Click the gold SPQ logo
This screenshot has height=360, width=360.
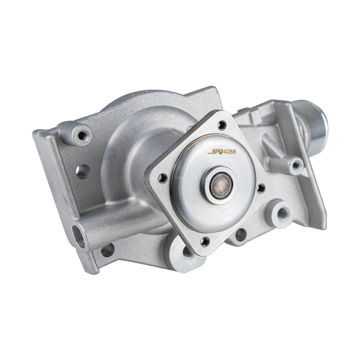(x=215, y=152)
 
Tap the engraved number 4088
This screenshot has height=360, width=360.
(x=229, y=152)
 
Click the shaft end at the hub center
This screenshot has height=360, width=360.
(x=221, y=186)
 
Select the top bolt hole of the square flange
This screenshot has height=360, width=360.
(x=222, y=125)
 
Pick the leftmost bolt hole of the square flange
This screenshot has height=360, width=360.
(x=163, y=178)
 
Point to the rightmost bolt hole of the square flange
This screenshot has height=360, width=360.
(x=261, y=188)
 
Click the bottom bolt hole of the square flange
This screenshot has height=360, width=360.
(x=205, y=241)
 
